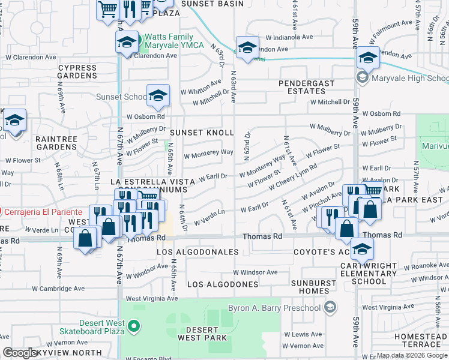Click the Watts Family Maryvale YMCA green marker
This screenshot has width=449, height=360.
pyautogui.click(x=137, y=41)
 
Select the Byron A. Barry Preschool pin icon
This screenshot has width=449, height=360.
pyautogui.click(x=329, y=308)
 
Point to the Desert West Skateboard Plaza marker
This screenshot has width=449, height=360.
pyautogui.click(x=134, y=328)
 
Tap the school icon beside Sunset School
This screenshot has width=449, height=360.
pyautogui.click(x=157, y=97)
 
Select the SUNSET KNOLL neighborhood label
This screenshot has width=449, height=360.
pyautogui.click(x=201, y=132)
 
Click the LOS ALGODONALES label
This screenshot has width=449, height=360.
pyautogui.click(x=197, y=253)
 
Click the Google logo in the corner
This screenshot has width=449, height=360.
pyautogui.click(x=20, y=353)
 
